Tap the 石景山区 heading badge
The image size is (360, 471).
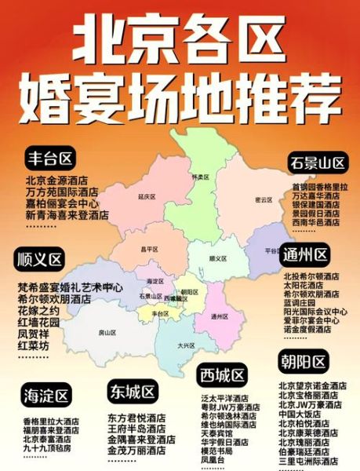click(x=318, y=163)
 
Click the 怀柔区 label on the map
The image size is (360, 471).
click(x=198, y=177)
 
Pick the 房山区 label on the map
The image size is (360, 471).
click(x=107, y=332)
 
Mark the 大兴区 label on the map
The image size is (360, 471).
click(x=186, y=345)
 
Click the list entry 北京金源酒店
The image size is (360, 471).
click(x=56, y=181)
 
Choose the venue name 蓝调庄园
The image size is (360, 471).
click(x=300, y=302)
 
